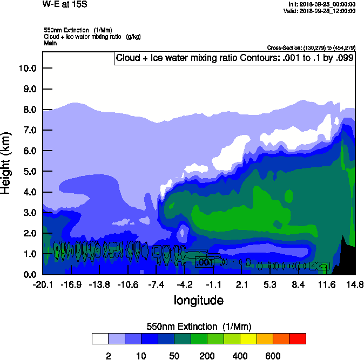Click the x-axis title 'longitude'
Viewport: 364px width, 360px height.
pos(198,300)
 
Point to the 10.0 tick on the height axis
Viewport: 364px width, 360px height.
pos(27,68)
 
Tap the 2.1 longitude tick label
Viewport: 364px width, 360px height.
pos(241,284)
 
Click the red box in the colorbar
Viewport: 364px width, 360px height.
pos(298,338)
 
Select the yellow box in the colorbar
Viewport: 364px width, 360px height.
pos(248,338)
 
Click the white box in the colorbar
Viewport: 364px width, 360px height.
pos(100,338)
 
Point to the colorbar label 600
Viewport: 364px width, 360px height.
pos(273,356)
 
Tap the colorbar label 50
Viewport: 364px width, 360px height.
pos(174,356)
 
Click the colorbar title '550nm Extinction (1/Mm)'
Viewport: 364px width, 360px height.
pos(199,327)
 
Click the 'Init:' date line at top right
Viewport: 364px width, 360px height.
pos(322,4)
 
